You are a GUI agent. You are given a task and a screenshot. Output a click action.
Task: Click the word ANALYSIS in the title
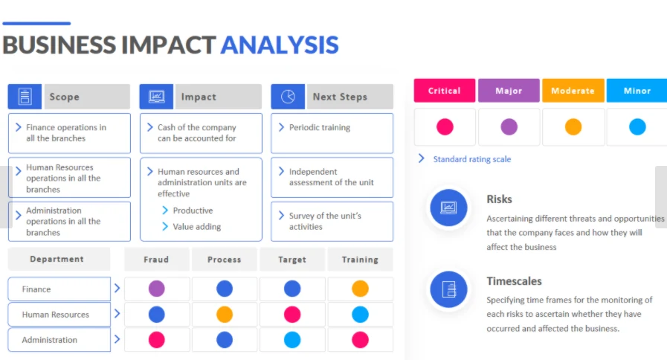pos(280,45)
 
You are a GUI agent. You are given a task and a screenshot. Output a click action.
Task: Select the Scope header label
pos(64,97)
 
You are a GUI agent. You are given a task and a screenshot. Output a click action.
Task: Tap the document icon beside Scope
pos(25,97)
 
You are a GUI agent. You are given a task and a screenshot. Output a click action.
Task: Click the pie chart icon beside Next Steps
pos(288,97)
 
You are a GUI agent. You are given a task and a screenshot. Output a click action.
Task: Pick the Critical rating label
pos(444,91)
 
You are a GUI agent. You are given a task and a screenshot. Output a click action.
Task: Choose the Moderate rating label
pos(573,91)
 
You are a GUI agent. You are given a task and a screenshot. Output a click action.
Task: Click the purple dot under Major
pos(509,126)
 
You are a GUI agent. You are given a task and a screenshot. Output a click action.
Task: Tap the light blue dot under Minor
pos(637,126)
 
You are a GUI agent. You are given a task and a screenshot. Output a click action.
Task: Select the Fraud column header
pos(156,259)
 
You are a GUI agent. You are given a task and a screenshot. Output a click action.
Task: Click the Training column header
pos(360,259)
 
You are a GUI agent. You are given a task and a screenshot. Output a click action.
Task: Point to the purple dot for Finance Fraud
pos(157,289)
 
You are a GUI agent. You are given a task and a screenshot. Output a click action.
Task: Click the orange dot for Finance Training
pos(360,289)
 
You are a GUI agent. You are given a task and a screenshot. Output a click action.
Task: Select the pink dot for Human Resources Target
pos(292,315)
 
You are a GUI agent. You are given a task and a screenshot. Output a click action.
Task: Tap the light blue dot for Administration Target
pos(292,340)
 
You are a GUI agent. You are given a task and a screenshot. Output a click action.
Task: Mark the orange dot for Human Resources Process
pos(224,315)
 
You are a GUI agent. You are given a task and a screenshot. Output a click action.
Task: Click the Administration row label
pos(50,340)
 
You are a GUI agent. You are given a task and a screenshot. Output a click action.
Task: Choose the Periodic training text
pos(320,127)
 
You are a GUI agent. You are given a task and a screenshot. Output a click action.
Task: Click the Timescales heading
pos(514,281)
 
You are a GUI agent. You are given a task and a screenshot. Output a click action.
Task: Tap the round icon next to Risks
pos(448,208)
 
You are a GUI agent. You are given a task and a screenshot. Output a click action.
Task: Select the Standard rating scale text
pos(472,159)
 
